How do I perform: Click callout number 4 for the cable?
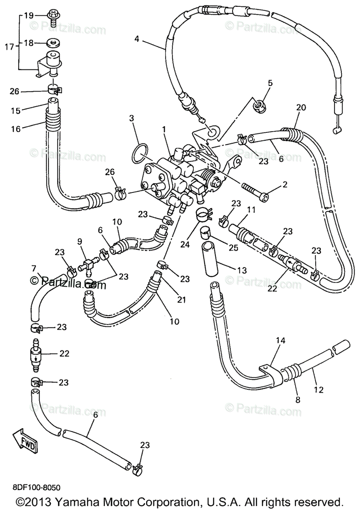click(x=137, y=39)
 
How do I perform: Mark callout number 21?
click(x=182, y=300)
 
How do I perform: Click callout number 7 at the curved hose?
click(x=34, y=268)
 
